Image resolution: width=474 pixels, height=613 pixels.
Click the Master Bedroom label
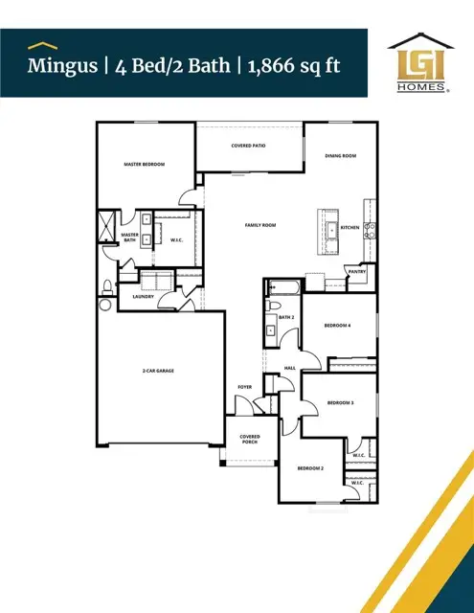click(x=145, y=165)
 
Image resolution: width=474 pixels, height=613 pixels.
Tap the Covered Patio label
click(x=248, y=146)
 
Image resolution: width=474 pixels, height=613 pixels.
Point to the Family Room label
click(x=260, y=225)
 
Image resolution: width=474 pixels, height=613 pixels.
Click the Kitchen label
click(x=350, y=228)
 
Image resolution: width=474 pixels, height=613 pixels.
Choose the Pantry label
click(x=356, y=272)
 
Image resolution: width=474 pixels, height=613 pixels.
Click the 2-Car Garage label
click(x=158, y=371)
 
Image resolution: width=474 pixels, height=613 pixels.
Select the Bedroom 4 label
click(x=337, y=326)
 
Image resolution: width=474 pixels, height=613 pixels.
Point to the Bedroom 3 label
click(x=340, y=403)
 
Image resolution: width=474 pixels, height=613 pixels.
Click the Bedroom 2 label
click(x=309, y=468)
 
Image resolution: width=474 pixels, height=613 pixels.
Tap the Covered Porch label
click(x=250, y=440)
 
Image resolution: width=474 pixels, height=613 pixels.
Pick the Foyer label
click(x=244, y=387)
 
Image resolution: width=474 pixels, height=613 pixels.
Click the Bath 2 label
click(x=284, y=316)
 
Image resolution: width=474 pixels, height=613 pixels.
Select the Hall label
click(x=289, y=368)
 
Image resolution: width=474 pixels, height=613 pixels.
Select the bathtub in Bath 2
click(x=283, y=286)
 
